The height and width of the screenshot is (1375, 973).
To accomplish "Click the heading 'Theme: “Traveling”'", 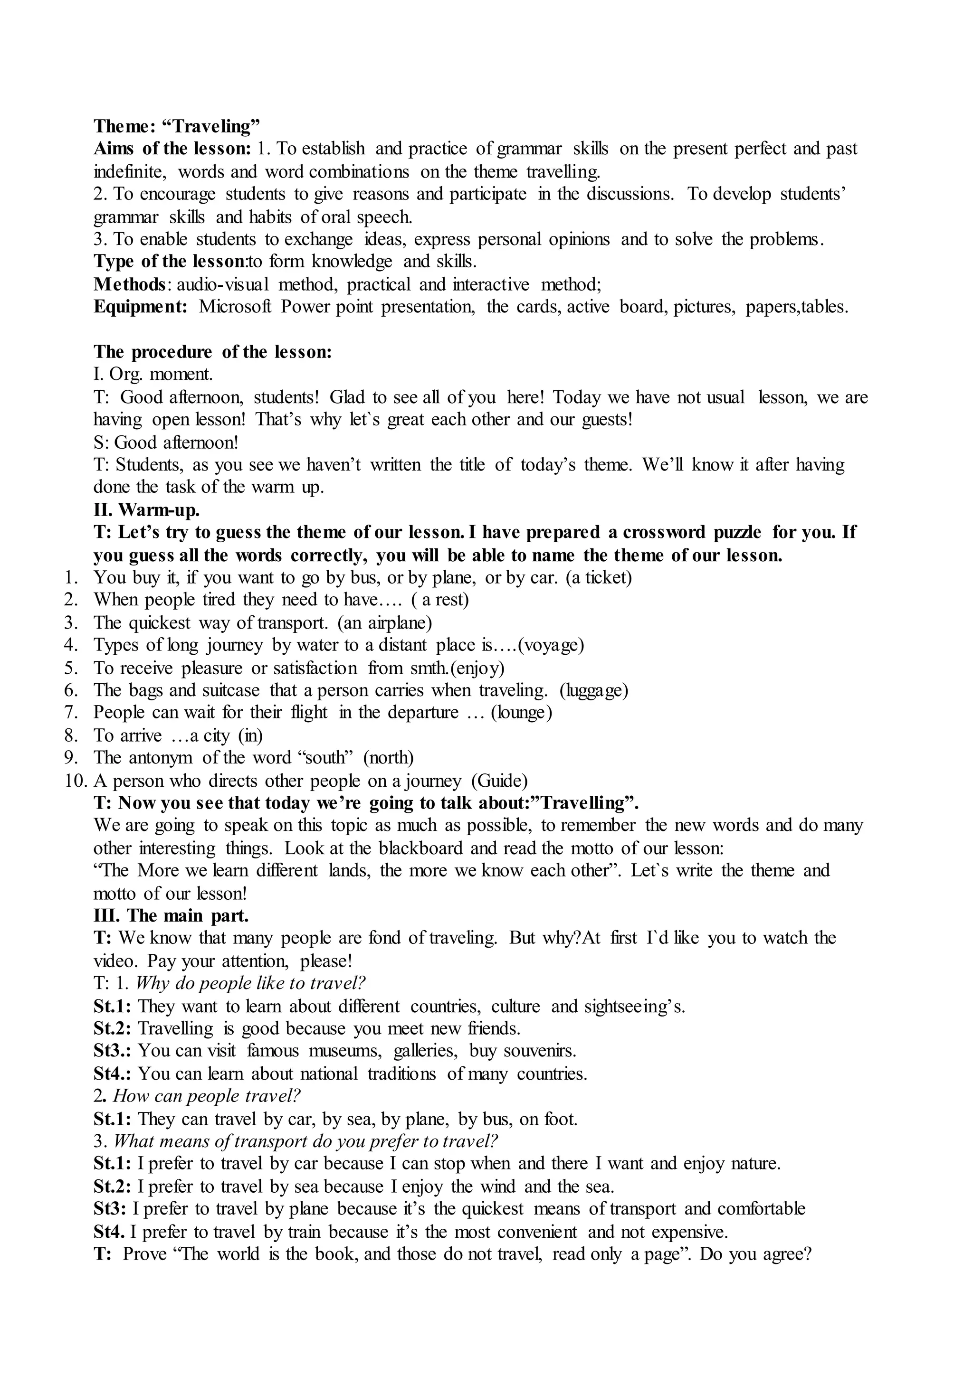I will tap(177, 126).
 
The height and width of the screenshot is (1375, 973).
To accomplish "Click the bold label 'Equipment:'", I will tap(140, 307).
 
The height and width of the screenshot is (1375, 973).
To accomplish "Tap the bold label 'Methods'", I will tap(129, 284).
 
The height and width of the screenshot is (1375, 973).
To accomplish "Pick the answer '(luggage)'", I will tap(594, 690).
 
